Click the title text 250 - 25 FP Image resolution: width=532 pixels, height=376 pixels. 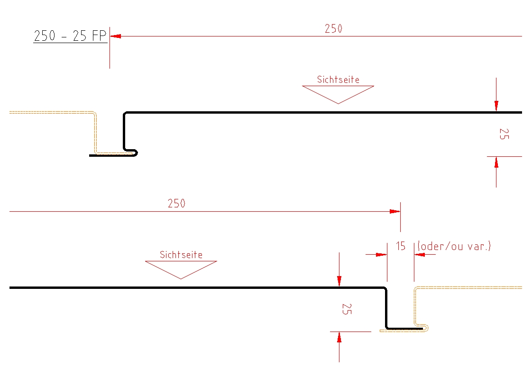pyautogui.click(x=71, y=36)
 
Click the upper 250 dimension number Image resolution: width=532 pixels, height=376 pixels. pyautogui.click(x=333, y=28)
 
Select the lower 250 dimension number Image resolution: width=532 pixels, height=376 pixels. pyautogui.click(x=176, y=204)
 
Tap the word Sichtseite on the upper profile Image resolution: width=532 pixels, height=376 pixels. pyautogui.click(x=338, y=79)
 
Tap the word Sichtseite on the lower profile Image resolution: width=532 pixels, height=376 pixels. pyautogui.click(x=181, y=255)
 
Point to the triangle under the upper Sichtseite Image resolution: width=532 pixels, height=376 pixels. pyautogui.click(x=338, y=93)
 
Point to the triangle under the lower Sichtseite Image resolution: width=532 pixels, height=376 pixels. pyautogui.click(x=181, y=269)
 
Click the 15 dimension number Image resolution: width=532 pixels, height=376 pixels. pyautogui.click(x=401, y=246)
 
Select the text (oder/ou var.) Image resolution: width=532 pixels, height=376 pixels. pyautogui.click(x=454, y=246)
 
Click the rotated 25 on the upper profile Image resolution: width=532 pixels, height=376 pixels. pyautogui.click(x=504, y=134)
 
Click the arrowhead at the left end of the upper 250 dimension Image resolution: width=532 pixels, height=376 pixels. pyautogui.click(x=115, y=36)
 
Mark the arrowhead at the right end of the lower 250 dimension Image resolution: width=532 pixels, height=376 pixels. pyautogui.click(x=395, y=211)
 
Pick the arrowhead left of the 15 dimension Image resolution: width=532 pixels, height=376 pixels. pyautogui.click(x=381, y=254)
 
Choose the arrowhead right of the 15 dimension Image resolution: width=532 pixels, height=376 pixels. pyautogui.click(x=420, y=254)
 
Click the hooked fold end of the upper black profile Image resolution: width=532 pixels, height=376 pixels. pyautogui.click(x=134, y=152)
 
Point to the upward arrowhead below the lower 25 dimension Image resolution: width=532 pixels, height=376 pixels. pyautogui.click(x=339, y=338)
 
